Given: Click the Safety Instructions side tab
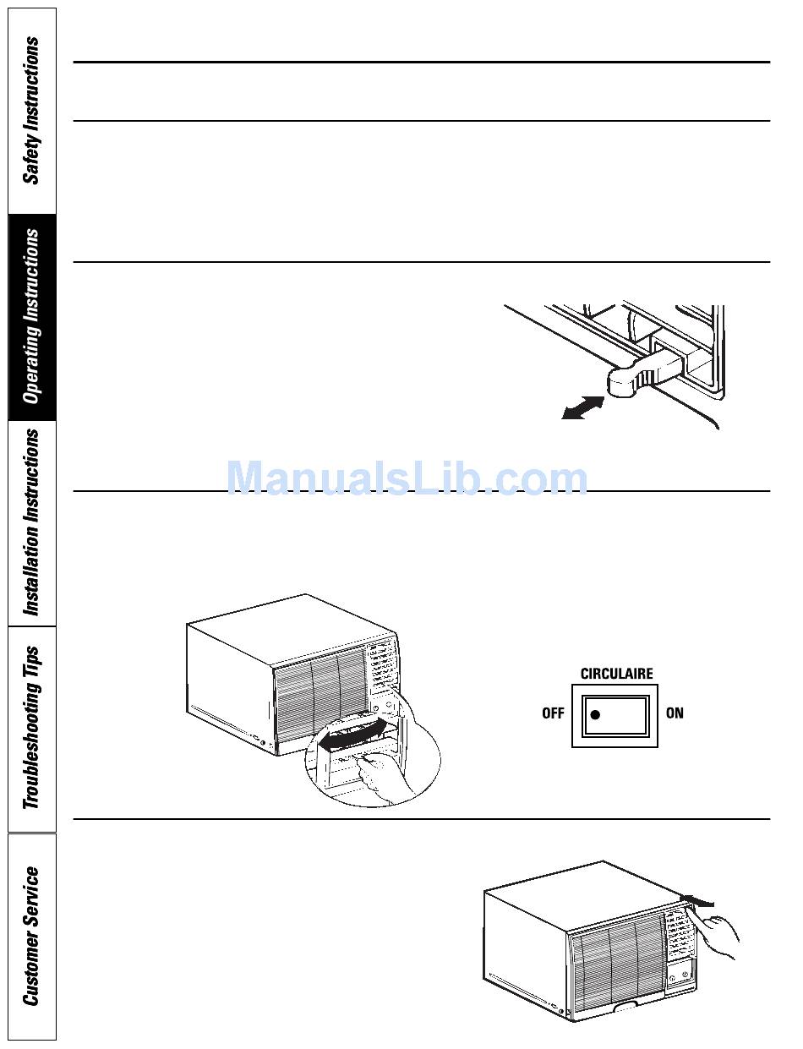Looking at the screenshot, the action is tap(31, 110).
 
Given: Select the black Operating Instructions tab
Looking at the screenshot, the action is tap(31, 317).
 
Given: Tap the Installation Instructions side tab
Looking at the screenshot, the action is tap(31, 522).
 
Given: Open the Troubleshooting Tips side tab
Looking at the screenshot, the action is tap(31, 728).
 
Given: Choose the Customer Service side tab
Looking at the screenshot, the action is tap(31, 936).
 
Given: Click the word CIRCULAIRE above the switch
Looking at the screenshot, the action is tap(616, 674).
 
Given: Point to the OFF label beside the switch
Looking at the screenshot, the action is tap(553, 713).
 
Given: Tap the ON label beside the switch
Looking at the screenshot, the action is tap(675, 713).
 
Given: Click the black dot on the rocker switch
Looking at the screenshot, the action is tap(595, 714).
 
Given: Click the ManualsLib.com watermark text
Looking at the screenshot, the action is tap(407, 479).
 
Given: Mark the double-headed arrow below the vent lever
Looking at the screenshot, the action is tap(583, 407).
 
